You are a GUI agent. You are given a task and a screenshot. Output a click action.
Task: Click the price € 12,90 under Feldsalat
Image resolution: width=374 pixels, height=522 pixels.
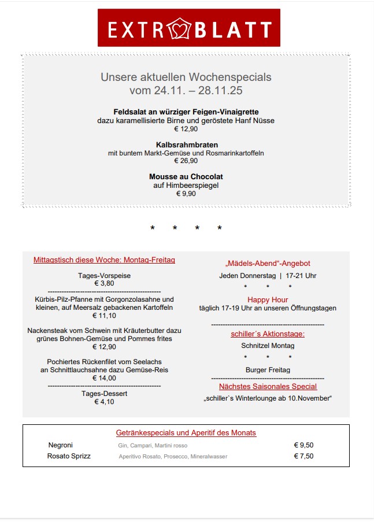[x=186, y=129]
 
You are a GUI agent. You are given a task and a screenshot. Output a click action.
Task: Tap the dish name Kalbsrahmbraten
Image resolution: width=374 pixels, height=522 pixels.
[x=186, y=145]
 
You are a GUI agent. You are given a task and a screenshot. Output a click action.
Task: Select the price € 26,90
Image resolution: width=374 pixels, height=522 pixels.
[x=186, y=161]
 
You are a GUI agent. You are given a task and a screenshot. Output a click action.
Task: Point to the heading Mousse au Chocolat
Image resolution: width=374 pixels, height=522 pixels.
[x=186, y=177]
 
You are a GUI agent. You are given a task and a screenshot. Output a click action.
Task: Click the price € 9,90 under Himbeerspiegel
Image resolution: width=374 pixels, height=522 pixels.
[x=186, y=194]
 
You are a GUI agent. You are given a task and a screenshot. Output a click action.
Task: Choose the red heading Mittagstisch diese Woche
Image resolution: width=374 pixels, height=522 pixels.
[x=104, y=260]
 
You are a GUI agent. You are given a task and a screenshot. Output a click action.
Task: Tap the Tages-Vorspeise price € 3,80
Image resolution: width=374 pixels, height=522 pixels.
[x=104, y=284]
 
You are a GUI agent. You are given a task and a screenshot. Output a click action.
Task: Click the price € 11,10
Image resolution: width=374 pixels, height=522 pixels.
[x=104, y=316]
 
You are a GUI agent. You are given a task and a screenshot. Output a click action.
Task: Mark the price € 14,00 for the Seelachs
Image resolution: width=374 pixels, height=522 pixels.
[x=104, y=378]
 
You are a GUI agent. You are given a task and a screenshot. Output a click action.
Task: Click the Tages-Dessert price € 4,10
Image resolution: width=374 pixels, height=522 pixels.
[x=104, y=402]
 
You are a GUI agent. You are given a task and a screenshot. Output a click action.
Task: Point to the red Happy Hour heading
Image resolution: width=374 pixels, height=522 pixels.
[x=268, y=299]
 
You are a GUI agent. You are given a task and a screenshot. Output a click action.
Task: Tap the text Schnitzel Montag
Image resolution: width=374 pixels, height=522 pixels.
[x=268, y=346]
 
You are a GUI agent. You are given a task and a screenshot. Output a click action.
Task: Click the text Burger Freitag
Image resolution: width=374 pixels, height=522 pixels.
[x=268, y=370]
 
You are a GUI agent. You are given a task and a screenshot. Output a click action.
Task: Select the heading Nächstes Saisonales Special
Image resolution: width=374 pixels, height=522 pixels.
[x=268, y=386]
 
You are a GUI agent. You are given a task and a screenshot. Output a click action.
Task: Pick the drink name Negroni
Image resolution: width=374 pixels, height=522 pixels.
[x=61, y=445]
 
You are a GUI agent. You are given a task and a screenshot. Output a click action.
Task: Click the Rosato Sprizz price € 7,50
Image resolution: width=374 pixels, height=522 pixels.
[x=303, y=456]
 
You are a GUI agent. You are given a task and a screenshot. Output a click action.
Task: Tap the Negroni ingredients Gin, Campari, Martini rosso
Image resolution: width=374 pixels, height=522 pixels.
[x=149, y=446]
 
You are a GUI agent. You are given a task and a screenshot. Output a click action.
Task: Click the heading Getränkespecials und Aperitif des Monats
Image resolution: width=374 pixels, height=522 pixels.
[x=186, y=432]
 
